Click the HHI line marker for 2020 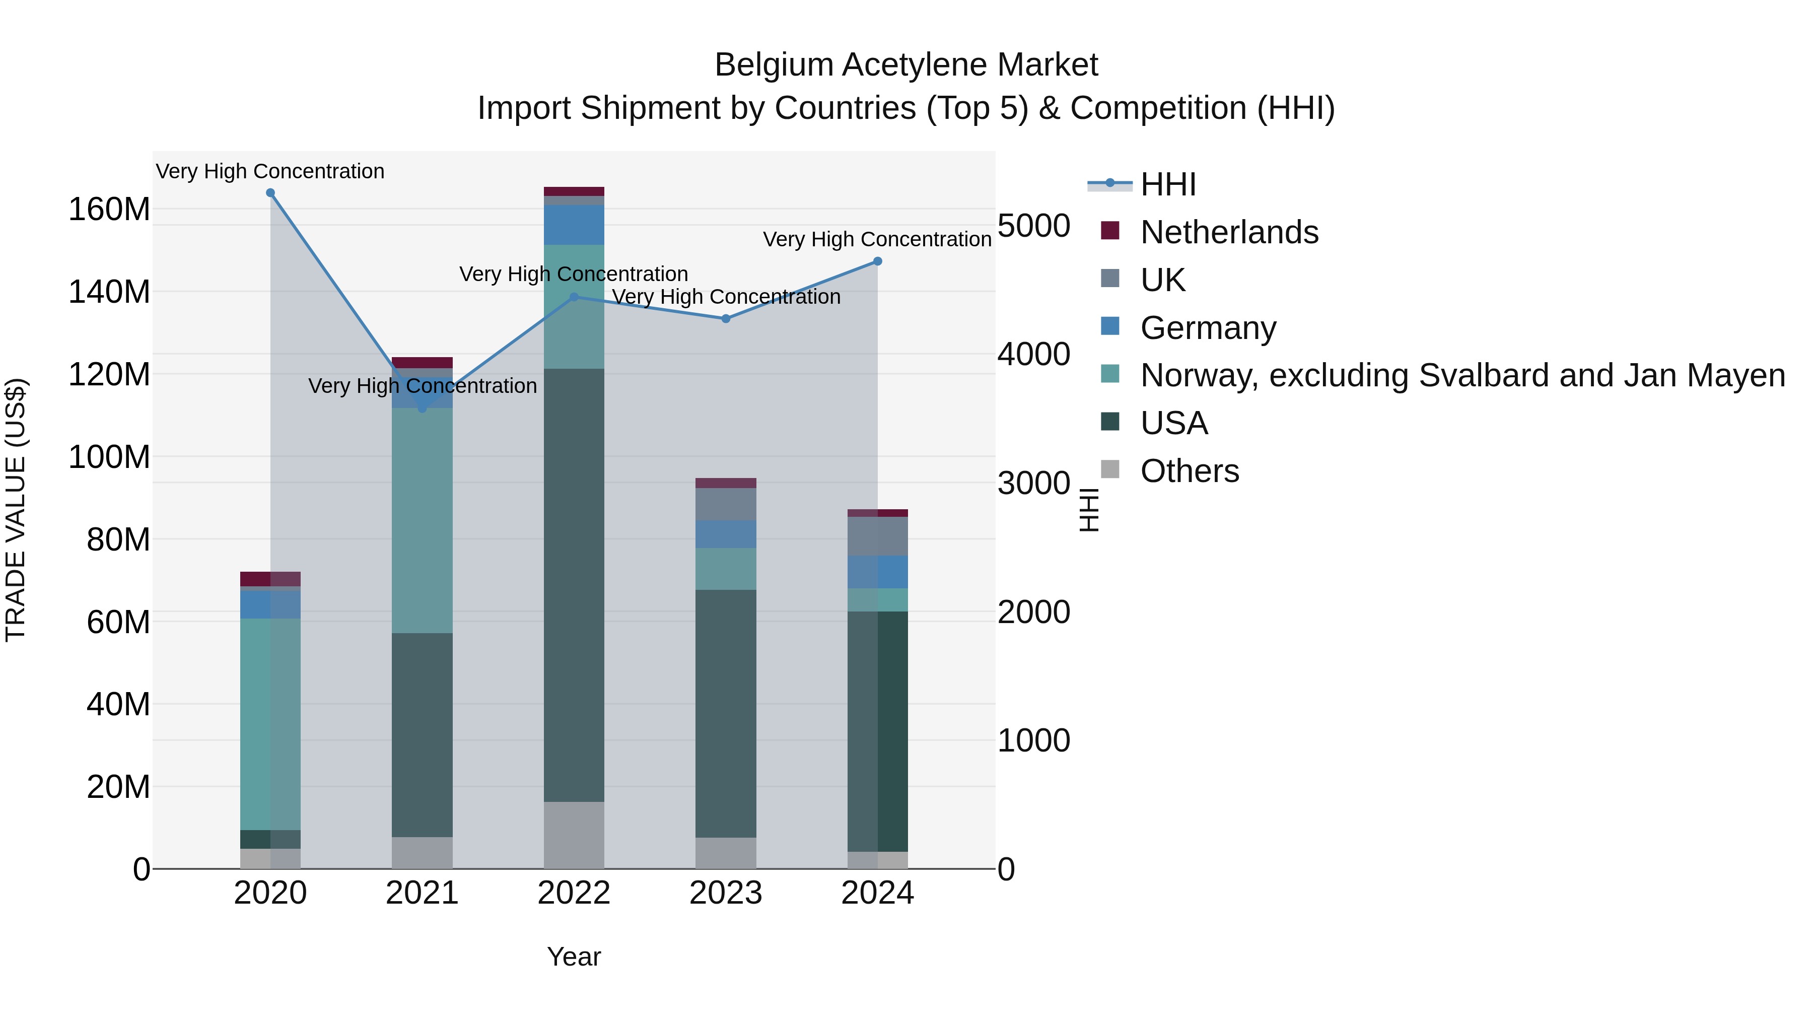click(x=270, y=193)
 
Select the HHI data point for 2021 click(x=423, y=409)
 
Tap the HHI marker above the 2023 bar click(x=726, y=319)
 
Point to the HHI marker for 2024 click(x=878, y=261)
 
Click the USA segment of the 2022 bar click(x=574, y=584)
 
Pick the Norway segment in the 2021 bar click(x=423, y=521)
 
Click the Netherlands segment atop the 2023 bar click(x=726, y=483)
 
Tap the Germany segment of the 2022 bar click(x=574, y=225)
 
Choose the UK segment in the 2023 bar click(x=726, y=504)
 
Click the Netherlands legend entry click(x=1229, y=232)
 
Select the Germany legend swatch click(x=1110, y=326)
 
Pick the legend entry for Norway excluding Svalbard click(x=1462, y=375)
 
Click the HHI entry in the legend click(x=1168, y=184)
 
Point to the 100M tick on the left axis click(x=109, y=457)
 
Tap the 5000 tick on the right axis click(x=1034, y=226)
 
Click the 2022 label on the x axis click(x=574, y=893)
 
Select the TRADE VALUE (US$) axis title click(x=16, y=510)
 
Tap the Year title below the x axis click(x=574, y=957)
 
